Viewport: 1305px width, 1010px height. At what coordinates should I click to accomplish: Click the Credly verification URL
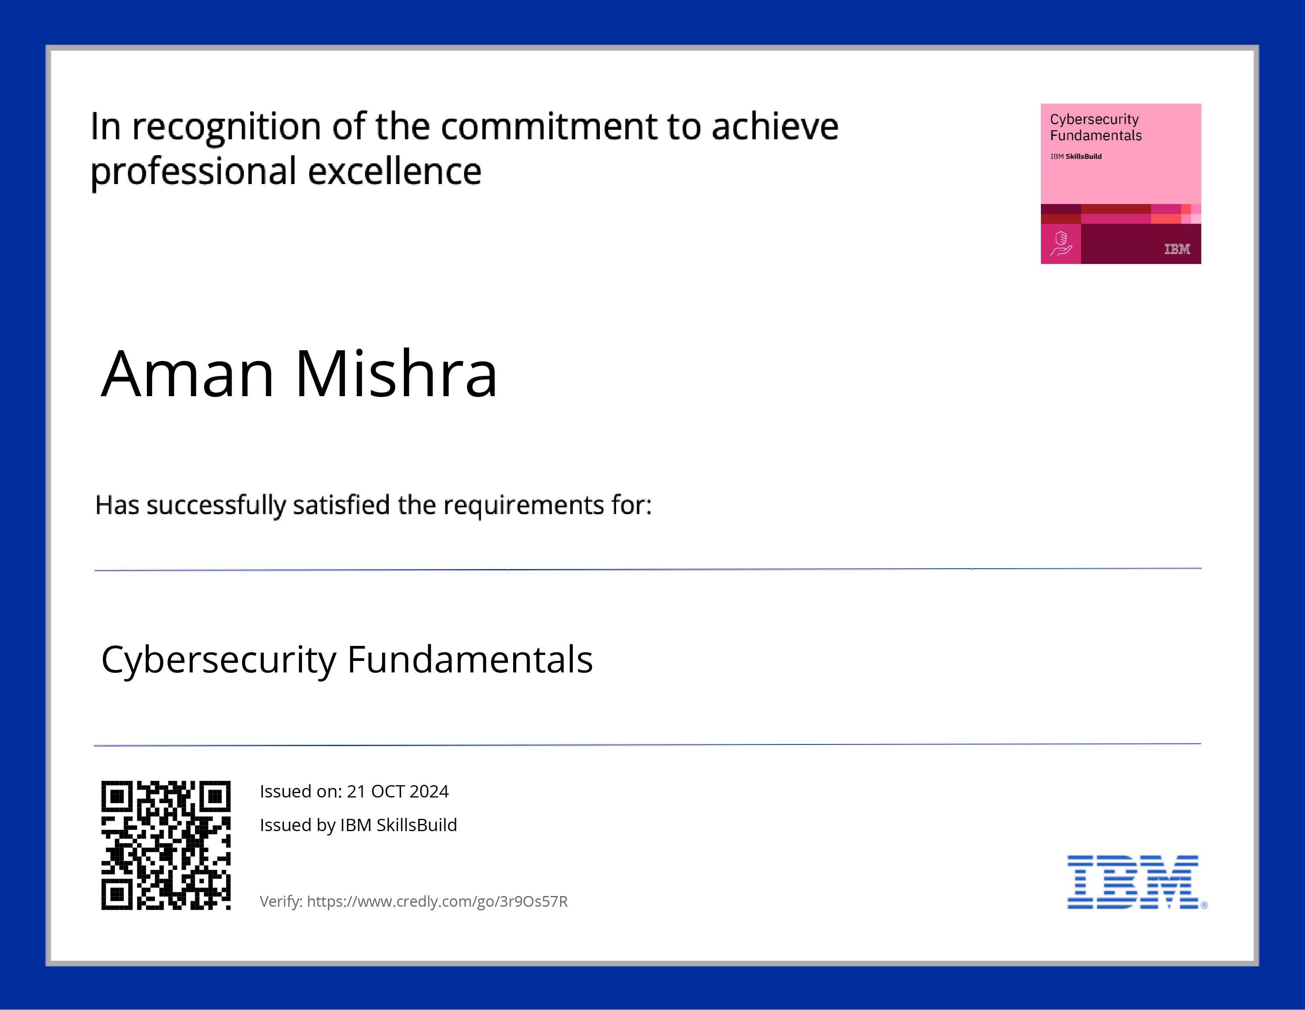click(x=438, y=901)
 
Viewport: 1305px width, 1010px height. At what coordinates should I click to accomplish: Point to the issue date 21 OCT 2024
click(x=398, y=792)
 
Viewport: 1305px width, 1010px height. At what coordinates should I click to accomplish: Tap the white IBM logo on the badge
click(x=1177, y=249)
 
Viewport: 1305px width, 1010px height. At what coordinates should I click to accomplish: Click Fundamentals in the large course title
click(x=470, y=659)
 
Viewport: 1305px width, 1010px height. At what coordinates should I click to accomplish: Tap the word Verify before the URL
click(x=281, y=901)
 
